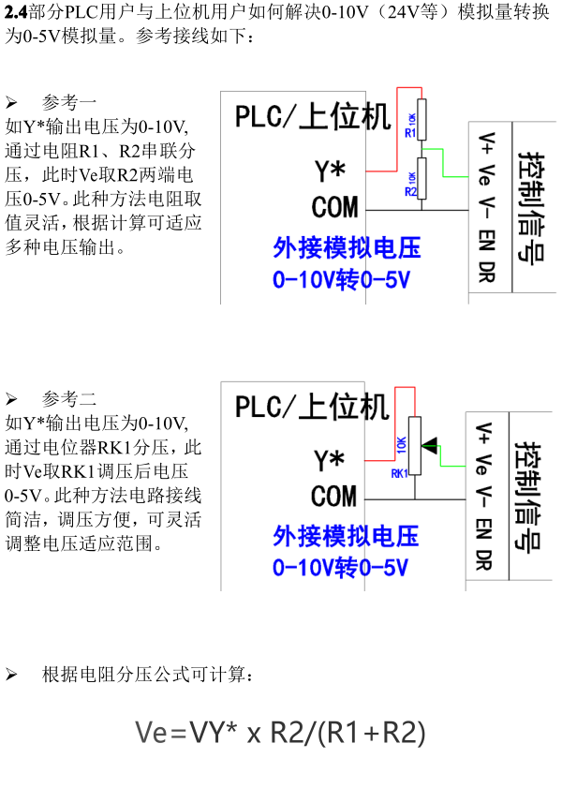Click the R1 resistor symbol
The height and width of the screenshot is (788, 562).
421,119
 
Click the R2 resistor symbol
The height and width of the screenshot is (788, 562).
421,178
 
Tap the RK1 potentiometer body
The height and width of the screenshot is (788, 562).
415,445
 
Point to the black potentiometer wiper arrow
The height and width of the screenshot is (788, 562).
429,445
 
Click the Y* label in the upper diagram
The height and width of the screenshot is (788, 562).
330,171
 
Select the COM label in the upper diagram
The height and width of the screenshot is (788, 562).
335,207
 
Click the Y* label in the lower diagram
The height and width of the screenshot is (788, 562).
329,460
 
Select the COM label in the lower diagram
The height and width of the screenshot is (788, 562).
333,496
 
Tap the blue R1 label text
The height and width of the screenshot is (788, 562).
410,133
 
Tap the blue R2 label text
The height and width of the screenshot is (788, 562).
410,192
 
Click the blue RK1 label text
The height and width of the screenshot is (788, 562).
399,473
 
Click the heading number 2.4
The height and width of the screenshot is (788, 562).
16,12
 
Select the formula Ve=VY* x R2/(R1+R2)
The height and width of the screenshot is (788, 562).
280,732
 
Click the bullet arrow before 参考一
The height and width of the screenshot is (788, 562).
11,103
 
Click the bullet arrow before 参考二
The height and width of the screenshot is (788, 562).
11,399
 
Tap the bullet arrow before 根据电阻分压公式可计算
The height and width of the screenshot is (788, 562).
11,675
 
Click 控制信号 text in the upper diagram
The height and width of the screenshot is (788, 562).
532,206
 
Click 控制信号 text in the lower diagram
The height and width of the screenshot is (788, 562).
528,497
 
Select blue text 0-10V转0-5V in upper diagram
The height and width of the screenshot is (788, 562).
342,280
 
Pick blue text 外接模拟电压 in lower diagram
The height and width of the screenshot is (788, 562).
346,536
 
